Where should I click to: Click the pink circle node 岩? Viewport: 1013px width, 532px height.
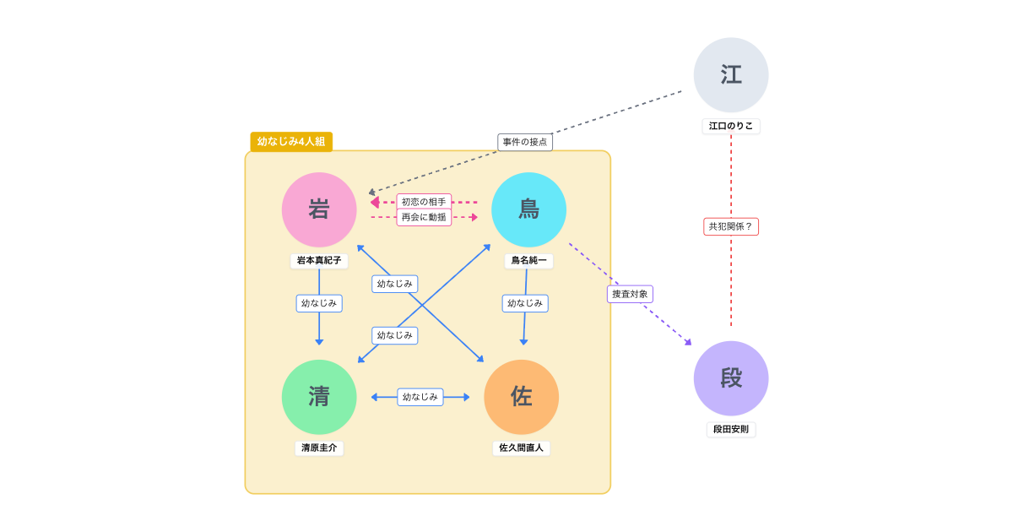[x=319, y=209]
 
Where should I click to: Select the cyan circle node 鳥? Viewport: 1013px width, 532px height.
[x=528, y=209]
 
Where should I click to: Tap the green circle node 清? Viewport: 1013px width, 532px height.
[x=319, y=397]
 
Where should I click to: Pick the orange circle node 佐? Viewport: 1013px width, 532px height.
[x=521, y=397]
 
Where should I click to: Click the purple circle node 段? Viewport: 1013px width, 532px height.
[x=731, y=378]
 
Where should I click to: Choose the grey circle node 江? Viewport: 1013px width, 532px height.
[x=731, y=75]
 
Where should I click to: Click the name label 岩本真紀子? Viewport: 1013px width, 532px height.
[x=319, y=261]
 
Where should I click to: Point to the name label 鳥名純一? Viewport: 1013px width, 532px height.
[x=528, y=261]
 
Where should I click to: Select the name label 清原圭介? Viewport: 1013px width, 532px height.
[x=319, y=448]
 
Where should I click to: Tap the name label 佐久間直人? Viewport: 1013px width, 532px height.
[x=521, y=448]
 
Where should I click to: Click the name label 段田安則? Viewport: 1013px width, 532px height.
[x=731, y=429]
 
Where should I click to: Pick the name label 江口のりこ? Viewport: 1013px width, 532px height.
[x=731, y=126]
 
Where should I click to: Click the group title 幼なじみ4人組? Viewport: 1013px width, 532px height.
[x=291, y=142]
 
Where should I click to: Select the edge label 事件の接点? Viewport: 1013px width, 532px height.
[x=525, y=142]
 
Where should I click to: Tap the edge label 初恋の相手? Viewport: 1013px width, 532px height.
[x=424, y=202]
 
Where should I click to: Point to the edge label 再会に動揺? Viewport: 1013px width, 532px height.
[x=424, y=217]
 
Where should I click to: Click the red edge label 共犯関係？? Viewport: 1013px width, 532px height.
[x=731, y=226]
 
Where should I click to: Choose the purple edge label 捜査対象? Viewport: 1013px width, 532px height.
[x=630, y=294]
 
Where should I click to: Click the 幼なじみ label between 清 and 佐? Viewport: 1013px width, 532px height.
[x=420, y=397]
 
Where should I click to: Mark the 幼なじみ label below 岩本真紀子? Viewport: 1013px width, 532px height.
[x=319, y=303]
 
